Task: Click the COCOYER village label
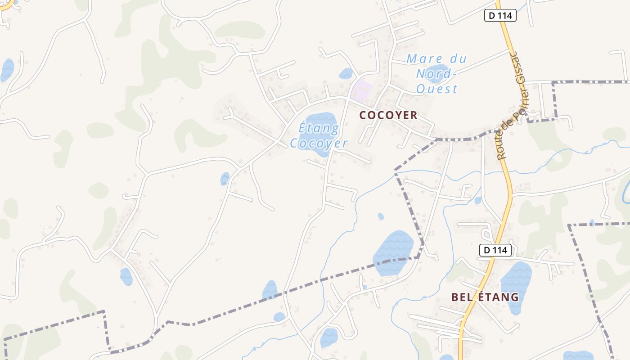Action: click(388, 115)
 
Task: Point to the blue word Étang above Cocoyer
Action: click(319, 129)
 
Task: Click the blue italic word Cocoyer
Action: click(319, 144)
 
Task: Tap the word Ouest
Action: click(436, 89)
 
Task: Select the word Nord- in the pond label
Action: click(436, 74)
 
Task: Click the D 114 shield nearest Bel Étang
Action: click(495, 250)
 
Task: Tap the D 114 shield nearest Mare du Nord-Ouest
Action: click(500, 15)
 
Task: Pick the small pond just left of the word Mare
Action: click(346, 73)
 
